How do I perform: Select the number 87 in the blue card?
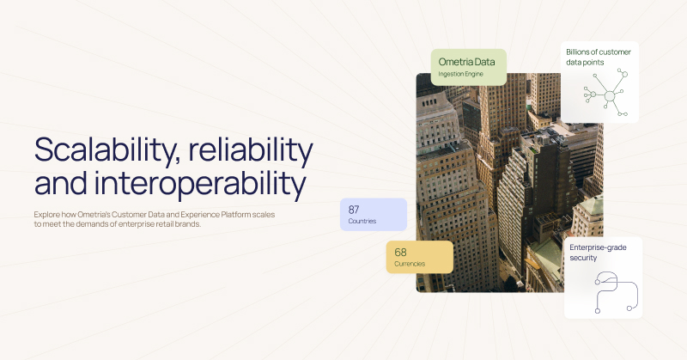point(354,209)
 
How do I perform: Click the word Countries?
point(362,222)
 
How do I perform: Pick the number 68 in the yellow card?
point(400,252)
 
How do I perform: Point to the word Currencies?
point(410,264)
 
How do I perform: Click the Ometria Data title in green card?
point(467,62)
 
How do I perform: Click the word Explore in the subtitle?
point(49,213)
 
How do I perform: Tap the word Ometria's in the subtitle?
point(102,213)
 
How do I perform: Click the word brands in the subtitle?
point(185,223)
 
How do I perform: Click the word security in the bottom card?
point(585,258)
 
